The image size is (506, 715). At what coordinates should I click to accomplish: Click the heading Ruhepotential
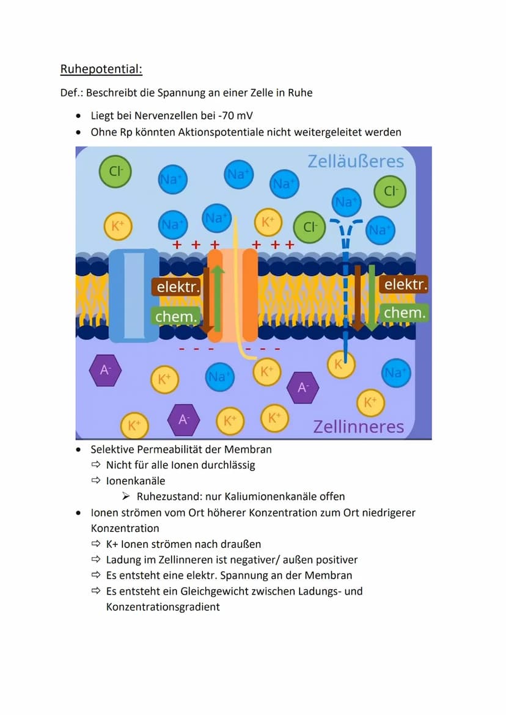coord(101,69)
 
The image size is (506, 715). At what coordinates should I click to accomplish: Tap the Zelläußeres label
coord(356,161)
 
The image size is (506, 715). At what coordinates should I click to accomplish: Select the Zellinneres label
coord(359,426)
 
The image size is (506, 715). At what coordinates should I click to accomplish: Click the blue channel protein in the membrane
coord(134,295)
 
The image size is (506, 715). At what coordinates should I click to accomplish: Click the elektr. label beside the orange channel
coord(177,287)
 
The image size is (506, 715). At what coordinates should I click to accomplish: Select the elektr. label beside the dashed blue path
coord(404,284)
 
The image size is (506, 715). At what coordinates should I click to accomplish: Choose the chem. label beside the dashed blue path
coord(404,313)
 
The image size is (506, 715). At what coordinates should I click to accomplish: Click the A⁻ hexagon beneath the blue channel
coord(105,370)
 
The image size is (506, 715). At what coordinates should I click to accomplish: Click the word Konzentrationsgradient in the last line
coord(163,607)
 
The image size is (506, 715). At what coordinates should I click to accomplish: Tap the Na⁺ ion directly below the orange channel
coord(219,376)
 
